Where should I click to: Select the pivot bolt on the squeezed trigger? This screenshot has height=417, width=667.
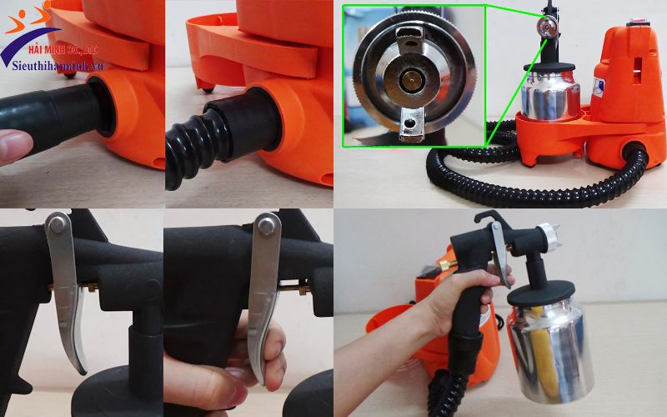tap(268, 224)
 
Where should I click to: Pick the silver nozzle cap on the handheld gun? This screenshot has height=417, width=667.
tap(546, 237)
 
